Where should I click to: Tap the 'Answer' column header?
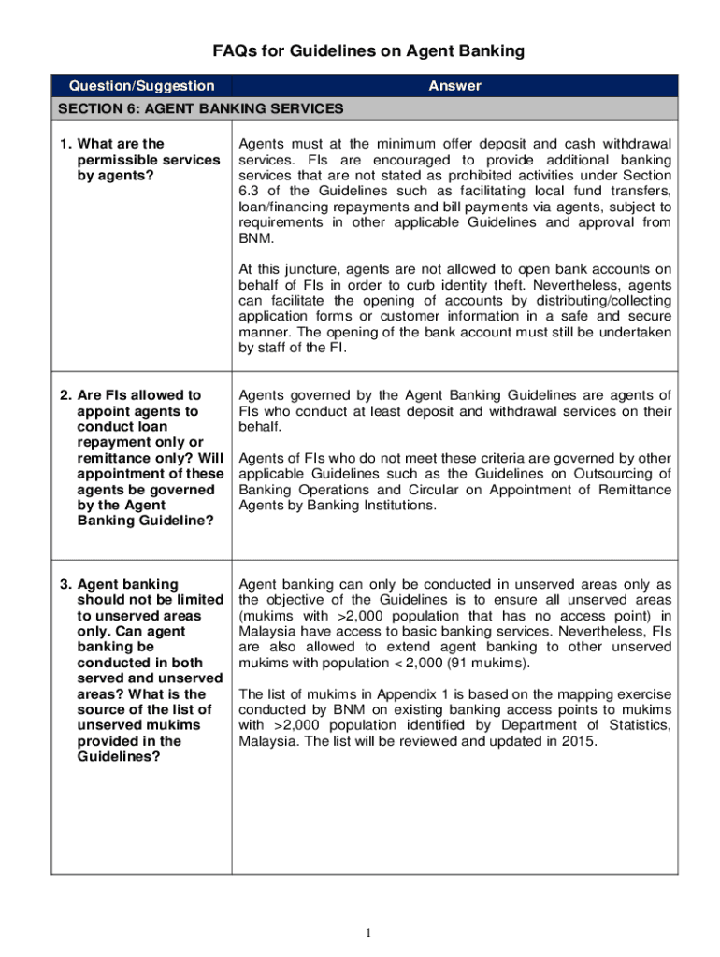(454, 86)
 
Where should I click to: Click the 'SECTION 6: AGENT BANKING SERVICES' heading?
(200, 109)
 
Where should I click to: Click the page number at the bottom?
(368, 933)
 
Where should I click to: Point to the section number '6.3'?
(250, 191)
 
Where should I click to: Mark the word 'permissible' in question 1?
(119, 160)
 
